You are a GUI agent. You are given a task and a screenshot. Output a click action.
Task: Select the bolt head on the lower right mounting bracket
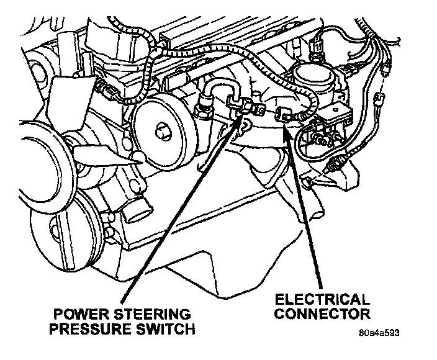pyautogui.click(x=307, y=180)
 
